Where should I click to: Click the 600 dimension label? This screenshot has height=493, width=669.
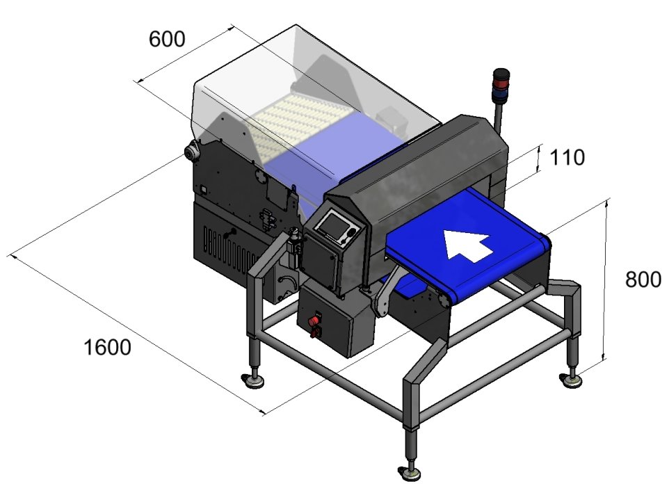tap(167, 39)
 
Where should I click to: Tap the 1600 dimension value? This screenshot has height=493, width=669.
tap(107, 348)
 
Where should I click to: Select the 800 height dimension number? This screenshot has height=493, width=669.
tap(643, 280)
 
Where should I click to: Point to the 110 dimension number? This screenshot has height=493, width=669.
tap(567, 158)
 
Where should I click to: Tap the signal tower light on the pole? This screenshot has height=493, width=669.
tap(501, 85)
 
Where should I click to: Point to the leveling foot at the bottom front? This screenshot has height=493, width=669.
tap(410, 474)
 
